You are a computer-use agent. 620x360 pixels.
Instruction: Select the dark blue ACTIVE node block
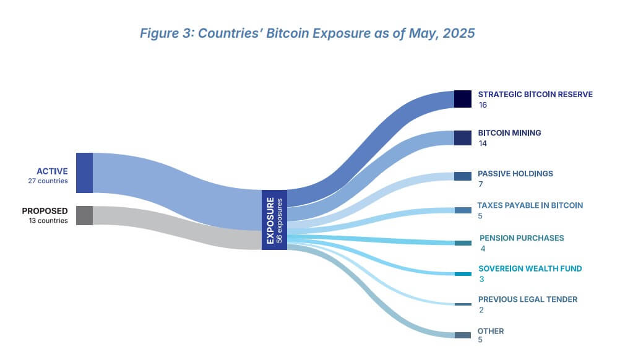[84, 173]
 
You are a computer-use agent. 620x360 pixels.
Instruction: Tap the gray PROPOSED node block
[84, 215]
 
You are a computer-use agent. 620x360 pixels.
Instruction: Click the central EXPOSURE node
[274, 220]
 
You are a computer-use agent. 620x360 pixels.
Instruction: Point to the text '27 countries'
[48, 181]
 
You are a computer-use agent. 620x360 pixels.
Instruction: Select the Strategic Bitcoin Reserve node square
[463, 99]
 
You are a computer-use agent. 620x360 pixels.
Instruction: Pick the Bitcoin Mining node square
[463, 137]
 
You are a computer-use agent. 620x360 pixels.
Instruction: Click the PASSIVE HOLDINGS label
[515, 174]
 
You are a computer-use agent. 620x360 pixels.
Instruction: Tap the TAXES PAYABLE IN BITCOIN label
[530, 205]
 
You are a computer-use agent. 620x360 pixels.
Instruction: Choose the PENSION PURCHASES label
[522, 238]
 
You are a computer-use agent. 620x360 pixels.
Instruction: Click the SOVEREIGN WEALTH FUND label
[530, 269]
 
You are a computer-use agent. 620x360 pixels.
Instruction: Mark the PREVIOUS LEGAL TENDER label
[527, 299]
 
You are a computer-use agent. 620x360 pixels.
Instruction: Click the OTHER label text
[490, 331]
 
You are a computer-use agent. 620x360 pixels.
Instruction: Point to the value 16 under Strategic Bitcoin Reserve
[483, 105]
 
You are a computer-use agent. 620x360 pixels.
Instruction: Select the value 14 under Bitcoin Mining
[483, 143]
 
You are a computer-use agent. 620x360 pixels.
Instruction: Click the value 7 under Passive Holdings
[480, 184]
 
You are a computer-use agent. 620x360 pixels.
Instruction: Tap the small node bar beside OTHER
[463, 335]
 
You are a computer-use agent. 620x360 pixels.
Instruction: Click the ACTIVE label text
[52, 171]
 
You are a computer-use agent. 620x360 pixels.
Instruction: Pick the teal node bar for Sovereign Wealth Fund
[463, 273]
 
